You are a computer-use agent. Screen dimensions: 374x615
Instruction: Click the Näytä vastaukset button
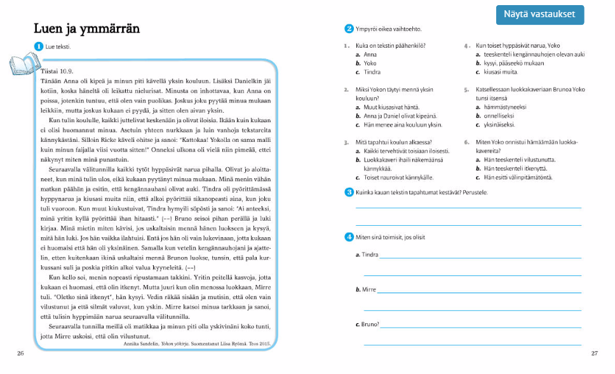(540, 14)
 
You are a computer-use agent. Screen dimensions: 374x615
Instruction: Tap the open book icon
(23, 64)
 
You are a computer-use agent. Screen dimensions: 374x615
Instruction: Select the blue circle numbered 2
(349, 29)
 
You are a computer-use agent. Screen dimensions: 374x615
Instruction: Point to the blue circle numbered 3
(349, 192)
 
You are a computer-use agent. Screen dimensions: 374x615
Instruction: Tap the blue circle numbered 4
(349, 237)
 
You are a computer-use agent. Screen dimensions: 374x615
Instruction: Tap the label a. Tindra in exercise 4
(367, 255)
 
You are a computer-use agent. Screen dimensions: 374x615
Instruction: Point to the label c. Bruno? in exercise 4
(367, 324)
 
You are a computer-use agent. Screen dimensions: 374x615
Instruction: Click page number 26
(21, 353)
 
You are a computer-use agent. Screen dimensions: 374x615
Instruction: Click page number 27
(595, 353)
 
